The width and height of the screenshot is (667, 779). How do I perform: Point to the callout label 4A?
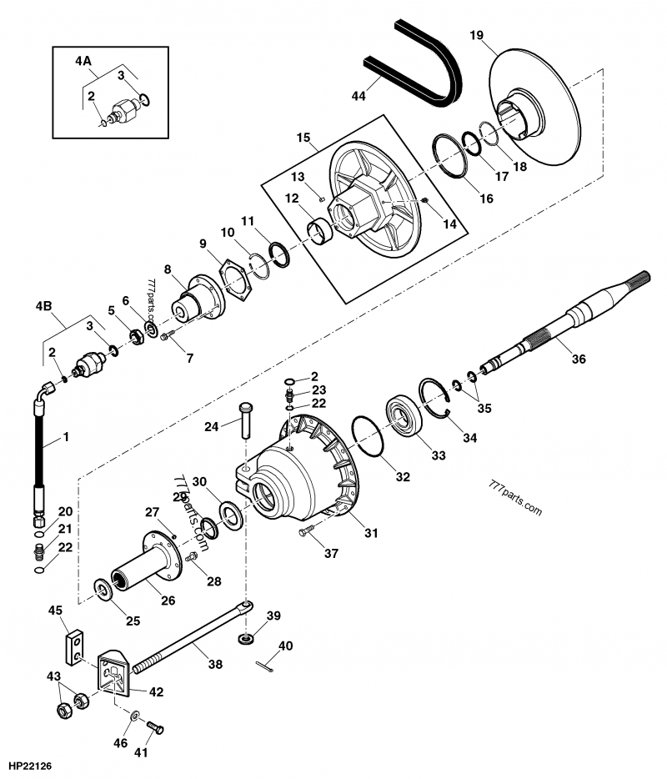click(83, 61)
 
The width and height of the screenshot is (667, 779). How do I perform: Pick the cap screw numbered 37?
click(305, 530)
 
